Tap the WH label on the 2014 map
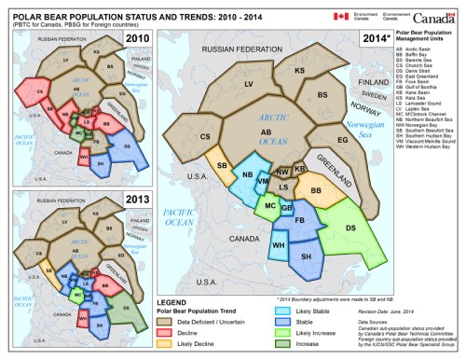[x=277, y=245]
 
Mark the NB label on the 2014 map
[x=247, y=175]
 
